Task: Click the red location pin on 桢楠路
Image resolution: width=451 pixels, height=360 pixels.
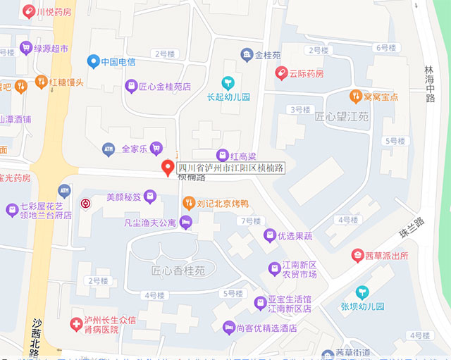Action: coord(168,168)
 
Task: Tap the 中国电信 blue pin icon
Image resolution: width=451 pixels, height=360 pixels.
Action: coord(92,61)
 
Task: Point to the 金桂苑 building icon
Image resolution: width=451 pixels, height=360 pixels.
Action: coord(247,54)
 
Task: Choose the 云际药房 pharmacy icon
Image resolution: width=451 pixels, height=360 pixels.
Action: coord(282,73)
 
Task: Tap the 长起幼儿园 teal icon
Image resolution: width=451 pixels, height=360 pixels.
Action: coord(228,82)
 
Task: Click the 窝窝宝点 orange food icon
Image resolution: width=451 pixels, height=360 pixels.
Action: coord(356,96)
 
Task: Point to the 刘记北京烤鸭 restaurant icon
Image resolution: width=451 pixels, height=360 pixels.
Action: coord(188,204)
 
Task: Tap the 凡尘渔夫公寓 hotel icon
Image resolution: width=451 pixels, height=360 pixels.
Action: coord(186,223)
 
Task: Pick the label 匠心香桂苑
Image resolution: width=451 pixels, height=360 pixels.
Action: coord(178,271)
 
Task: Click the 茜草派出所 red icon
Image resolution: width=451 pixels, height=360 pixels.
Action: coord(358,256)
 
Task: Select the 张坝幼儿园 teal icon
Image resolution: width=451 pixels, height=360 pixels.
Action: coord(362,292)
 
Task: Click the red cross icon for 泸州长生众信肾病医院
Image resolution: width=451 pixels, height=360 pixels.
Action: coord(75,324)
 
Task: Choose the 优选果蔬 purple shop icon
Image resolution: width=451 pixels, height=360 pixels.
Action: coord(269,236)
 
